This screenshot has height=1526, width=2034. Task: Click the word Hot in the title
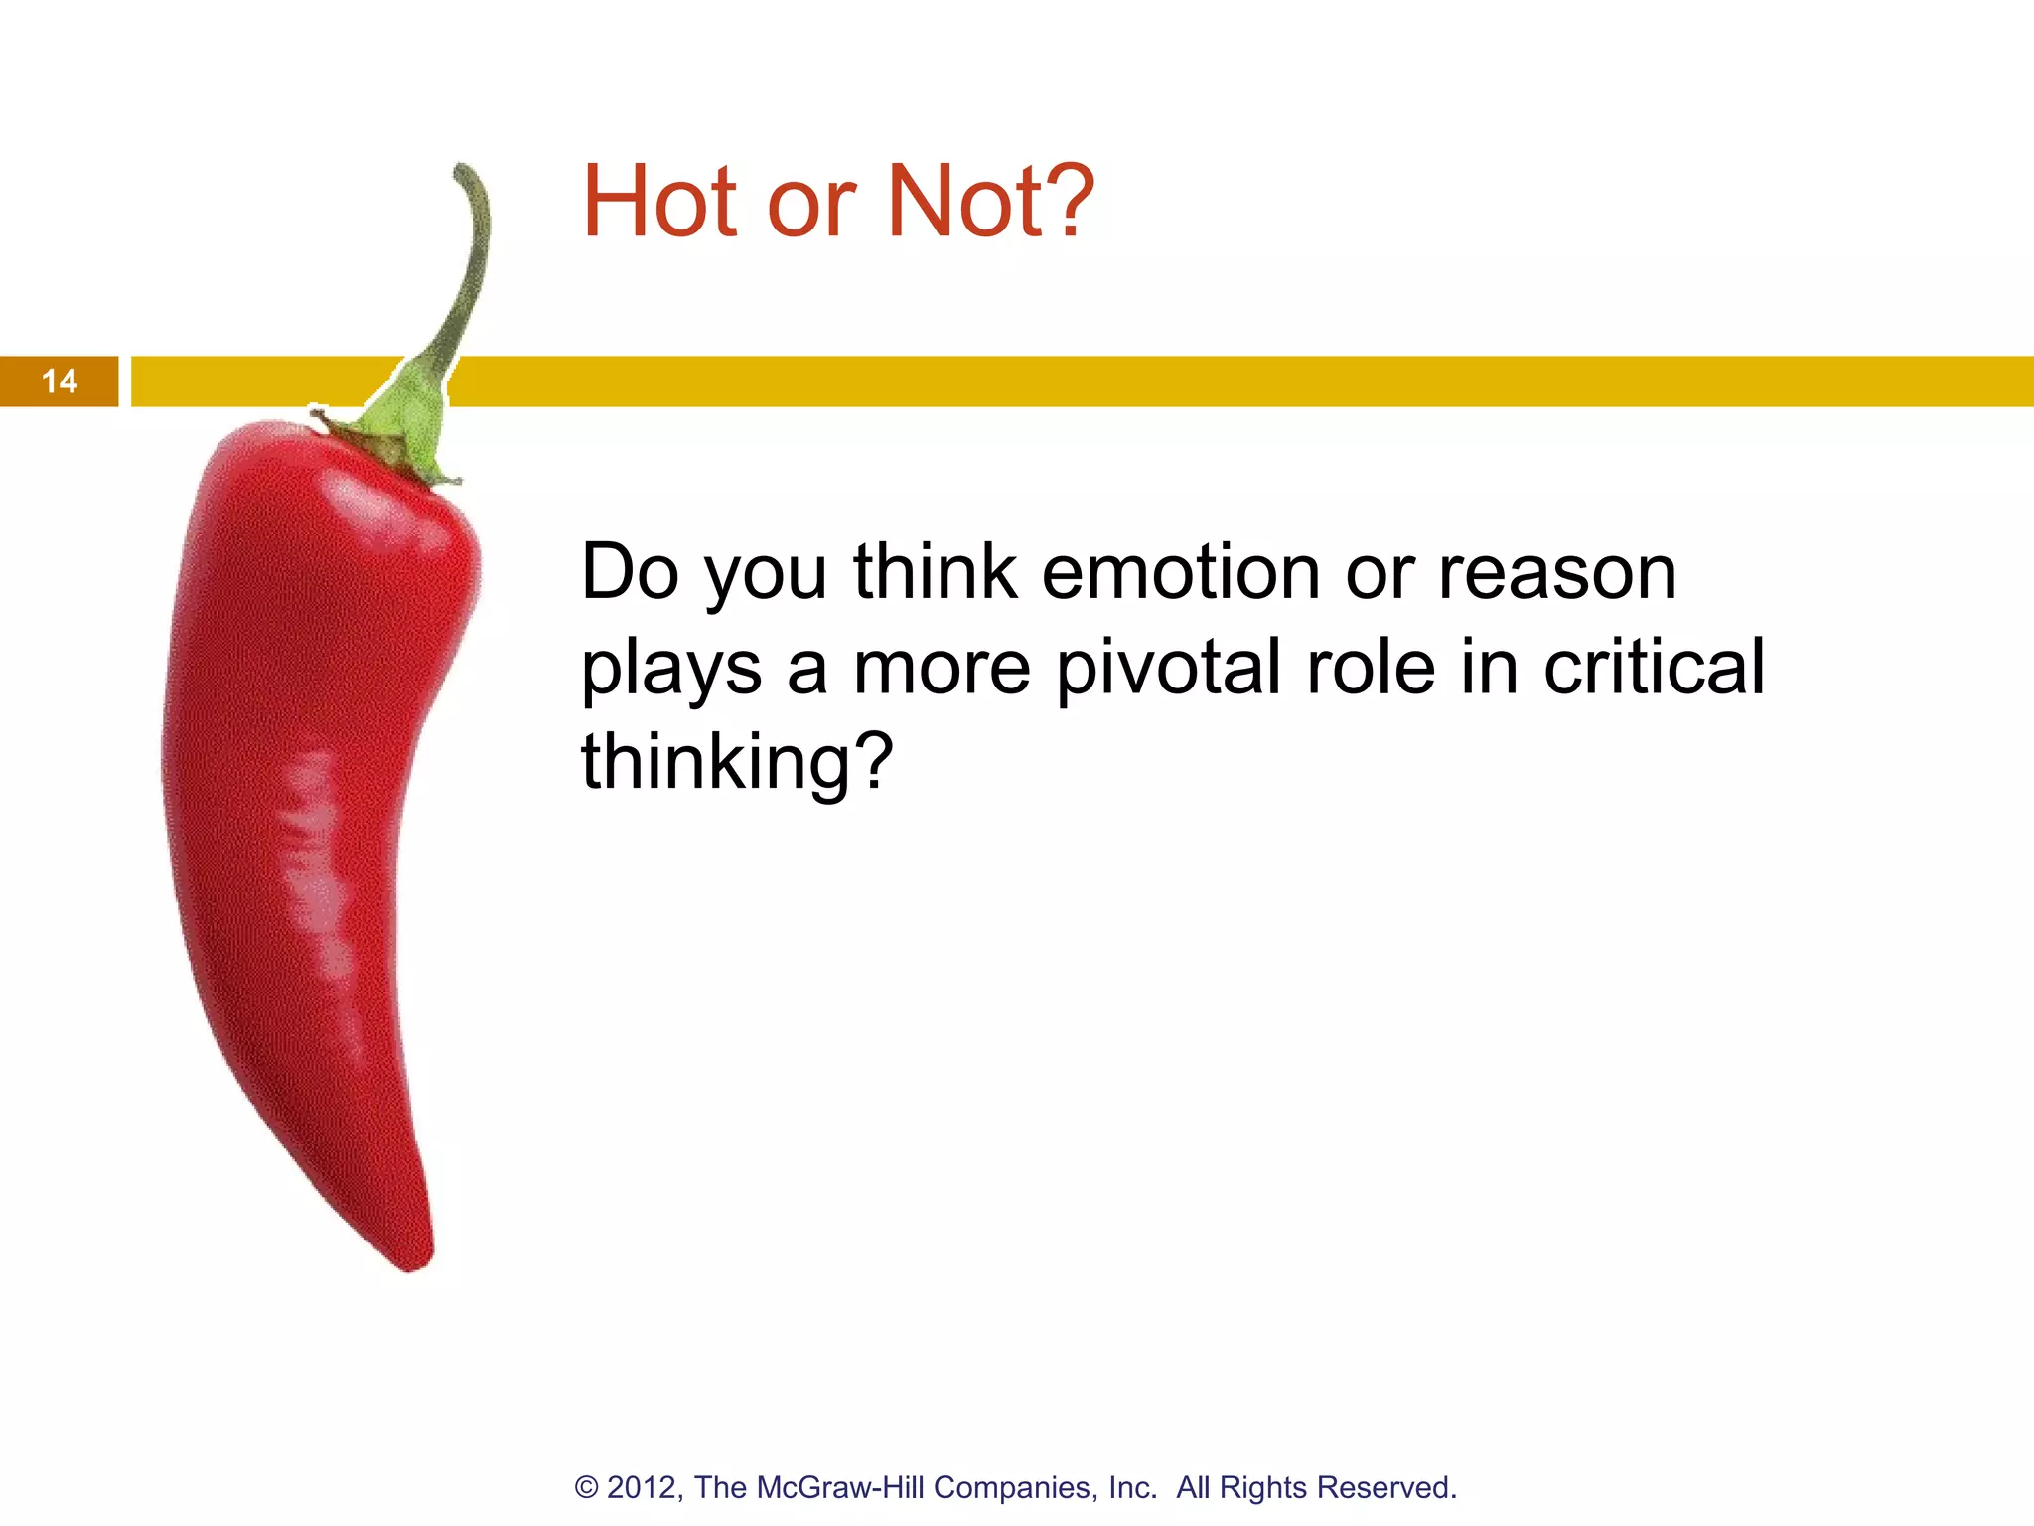point(658,202)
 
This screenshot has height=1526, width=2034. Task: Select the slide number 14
point(59,381)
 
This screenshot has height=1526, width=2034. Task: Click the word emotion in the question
point(1181,573)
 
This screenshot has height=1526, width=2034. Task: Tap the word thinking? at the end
point(737,762)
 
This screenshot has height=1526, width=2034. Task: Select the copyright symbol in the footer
point(587,1488)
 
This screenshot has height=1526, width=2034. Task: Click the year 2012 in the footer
point(643,1488)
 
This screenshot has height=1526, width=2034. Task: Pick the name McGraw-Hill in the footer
point(841,1488)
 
